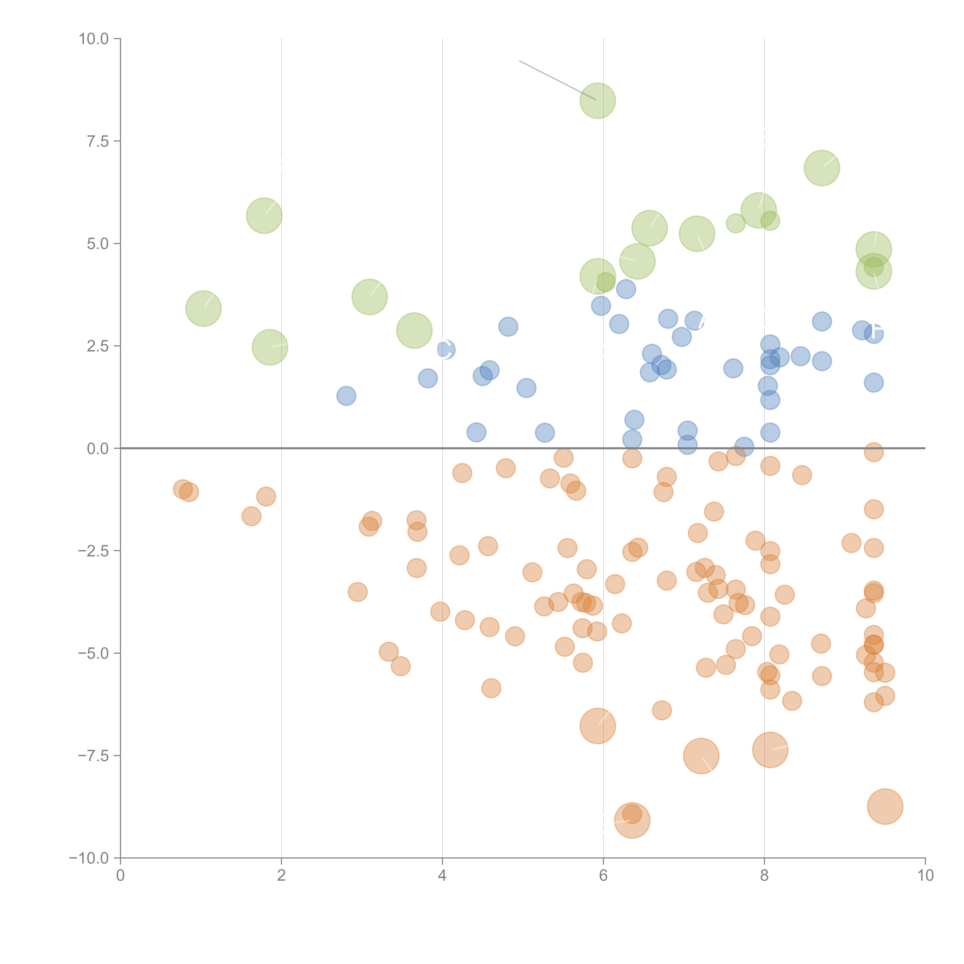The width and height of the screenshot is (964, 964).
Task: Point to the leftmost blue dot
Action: [346, 396]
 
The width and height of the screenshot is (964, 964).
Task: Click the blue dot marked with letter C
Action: [446, 349]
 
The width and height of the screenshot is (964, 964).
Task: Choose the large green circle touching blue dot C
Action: [414, 330]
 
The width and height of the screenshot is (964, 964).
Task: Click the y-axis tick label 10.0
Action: [94, 39]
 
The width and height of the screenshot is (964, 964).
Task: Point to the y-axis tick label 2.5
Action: [98, 346]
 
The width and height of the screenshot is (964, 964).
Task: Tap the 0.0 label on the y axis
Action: [98, 449]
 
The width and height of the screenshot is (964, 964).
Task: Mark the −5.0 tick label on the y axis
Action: [94, 653]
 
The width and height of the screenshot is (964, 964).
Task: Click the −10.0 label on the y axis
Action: [89, 858]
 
